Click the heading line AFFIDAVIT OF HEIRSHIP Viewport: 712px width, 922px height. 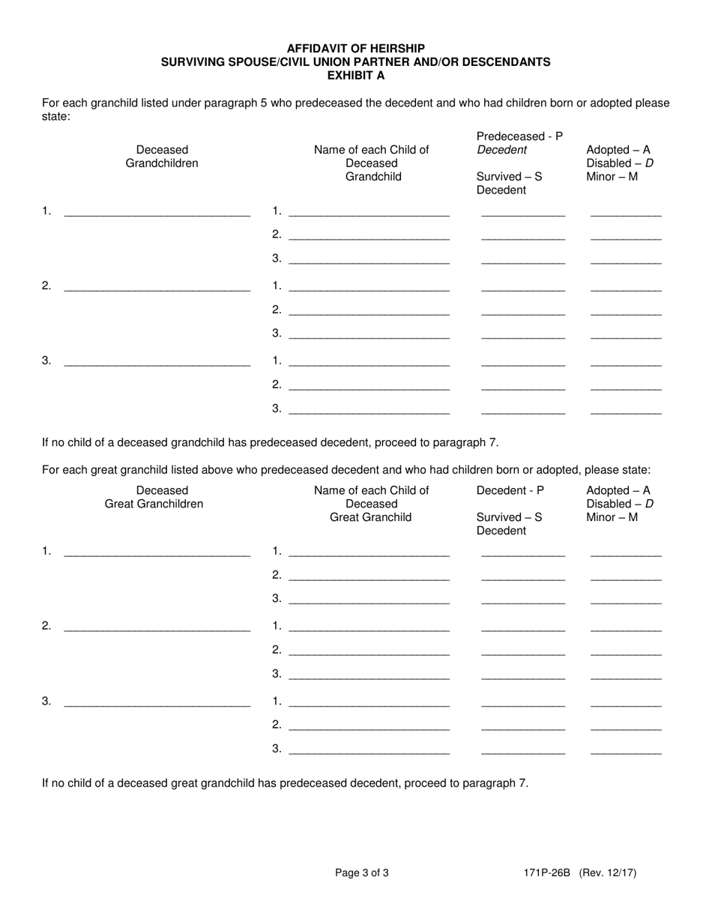(x=355, y=49)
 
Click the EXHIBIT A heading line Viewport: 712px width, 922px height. (x=355, y=76)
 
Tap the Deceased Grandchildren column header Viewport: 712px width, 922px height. (x=162, y=157)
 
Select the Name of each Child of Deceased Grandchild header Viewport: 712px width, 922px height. (x=371, y=163)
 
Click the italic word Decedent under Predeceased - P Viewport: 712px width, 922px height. (x=501, y=150)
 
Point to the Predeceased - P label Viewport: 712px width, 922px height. (x=519, y=136)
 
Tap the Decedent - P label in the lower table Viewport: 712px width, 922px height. (x=510, y=490)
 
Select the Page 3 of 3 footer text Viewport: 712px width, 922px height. (x=361, y=873)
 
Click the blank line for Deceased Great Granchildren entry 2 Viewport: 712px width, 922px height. (x=157, y=628)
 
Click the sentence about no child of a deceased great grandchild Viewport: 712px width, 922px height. (x=285, y=783)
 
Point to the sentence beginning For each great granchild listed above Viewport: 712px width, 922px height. (x=346, y=470)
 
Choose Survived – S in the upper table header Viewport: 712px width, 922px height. (x=509, y=177)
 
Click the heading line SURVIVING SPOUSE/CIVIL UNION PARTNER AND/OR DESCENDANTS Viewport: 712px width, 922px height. (x=355, y=62)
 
